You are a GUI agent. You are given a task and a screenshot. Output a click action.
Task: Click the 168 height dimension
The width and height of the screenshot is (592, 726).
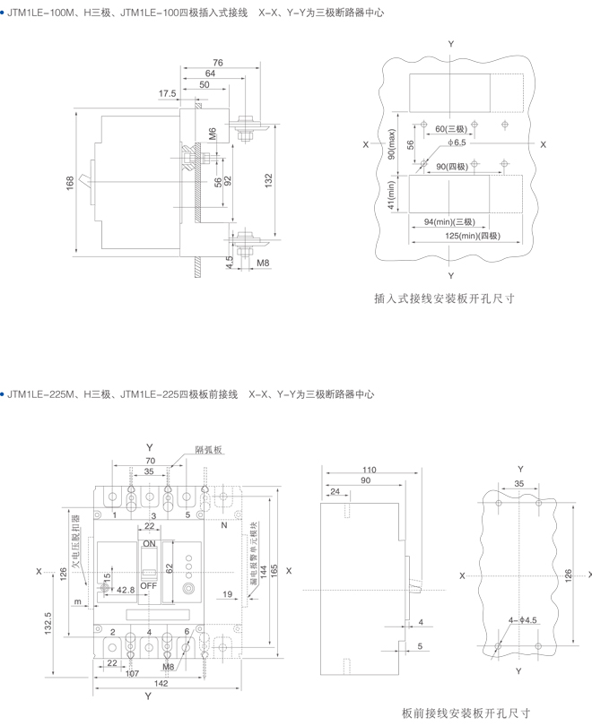click(70, 183)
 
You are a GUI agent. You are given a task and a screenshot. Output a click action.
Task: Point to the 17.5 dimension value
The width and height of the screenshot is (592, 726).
click(168, 93)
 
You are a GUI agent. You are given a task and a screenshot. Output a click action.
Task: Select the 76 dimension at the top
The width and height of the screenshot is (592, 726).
click(217, 62)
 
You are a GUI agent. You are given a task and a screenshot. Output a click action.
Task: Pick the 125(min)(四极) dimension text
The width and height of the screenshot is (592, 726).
click(472, 235)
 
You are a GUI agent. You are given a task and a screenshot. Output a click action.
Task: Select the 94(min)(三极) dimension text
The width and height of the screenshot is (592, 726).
click(450, 220)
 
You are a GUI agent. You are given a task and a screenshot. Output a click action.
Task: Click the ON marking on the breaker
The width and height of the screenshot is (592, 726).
click(150, 544)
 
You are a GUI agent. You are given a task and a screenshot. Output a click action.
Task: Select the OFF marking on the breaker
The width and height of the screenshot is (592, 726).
click(150, 583)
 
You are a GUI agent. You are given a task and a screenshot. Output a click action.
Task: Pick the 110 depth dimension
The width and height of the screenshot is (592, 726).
click(370, 470)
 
